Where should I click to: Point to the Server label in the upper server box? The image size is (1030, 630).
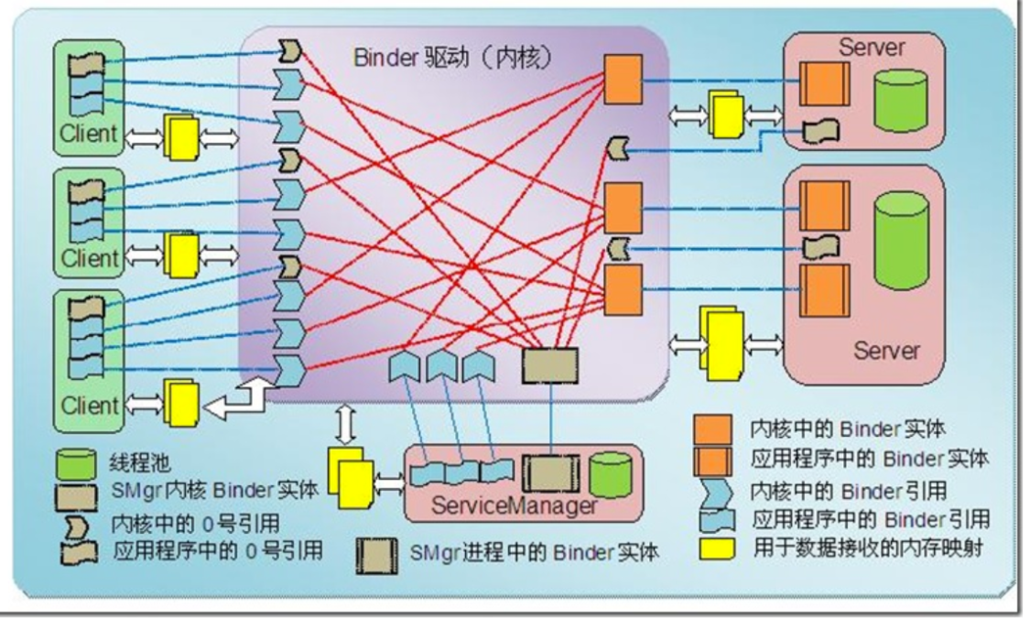coord(871,46)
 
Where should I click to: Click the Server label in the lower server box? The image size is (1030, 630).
coord(887,351)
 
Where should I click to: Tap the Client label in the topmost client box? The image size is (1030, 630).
coord(89,134)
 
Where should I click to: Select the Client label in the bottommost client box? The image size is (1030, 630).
coord(89,404)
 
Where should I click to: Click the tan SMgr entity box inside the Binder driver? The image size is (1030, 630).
coord(550,364)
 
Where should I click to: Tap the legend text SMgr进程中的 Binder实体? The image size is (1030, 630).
coord(532,553)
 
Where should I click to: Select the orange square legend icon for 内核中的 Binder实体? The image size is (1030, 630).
coord(714,429)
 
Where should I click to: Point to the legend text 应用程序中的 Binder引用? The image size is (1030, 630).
coord(870,519)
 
